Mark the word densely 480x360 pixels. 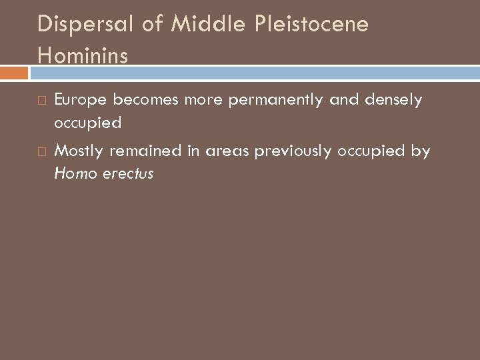tap(394, 99)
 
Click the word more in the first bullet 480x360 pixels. tap(205, 99)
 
